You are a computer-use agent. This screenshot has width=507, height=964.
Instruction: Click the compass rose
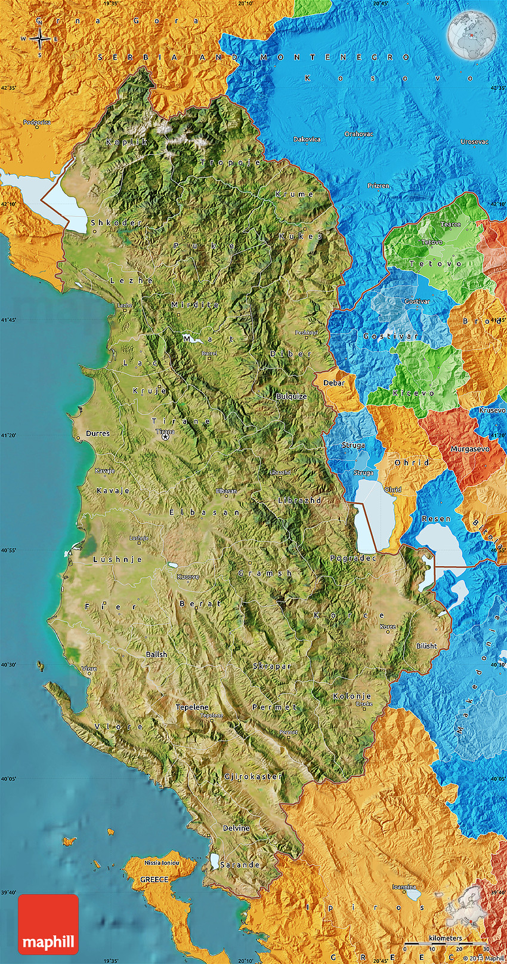(x=40, y=39)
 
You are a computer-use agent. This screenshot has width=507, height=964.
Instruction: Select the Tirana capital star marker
(x=165, y=437)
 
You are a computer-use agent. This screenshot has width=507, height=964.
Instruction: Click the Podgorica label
(x=37, y=122)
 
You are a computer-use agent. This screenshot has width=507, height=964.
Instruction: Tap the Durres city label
(x=98, y=434)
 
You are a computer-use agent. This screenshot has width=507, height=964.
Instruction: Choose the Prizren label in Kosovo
(x=378, y=186)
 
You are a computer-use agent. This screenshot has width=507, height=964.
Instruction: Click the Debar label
(x=334, y=383)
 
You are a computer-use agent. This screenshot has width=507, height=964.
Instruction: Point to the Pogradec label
(x=353, y=558)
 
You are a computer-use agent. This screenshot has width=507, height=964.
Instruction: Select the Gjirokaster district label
(x=253, y=776)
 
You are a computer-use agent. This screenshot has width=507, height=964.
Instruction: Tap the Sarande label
(x=240, y=865)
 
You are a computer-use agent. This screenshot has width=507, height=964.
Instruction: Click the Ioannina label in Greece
(x=404, y=887)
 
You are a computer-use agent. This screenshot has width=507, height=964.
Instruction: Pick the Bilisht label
(x=426, y=646)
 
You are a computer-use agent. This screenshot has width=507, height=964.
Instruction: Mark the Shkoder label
(x=116, y=223)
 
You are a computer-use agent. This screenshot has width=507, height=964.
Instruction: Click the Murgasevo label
(x=470, y=449)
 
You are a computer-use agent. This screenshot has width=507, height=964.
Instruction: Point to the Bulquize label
(x=292, y=397)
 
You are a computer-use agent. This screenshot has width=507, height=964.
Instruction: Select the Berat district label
(x=200, y=604)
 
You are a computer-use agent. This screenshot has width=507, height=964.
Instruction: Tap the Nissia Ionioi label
(x=162, y=862)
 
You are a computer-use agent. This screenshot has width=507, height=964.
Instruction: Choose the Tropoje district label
(x=231, y=162)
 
